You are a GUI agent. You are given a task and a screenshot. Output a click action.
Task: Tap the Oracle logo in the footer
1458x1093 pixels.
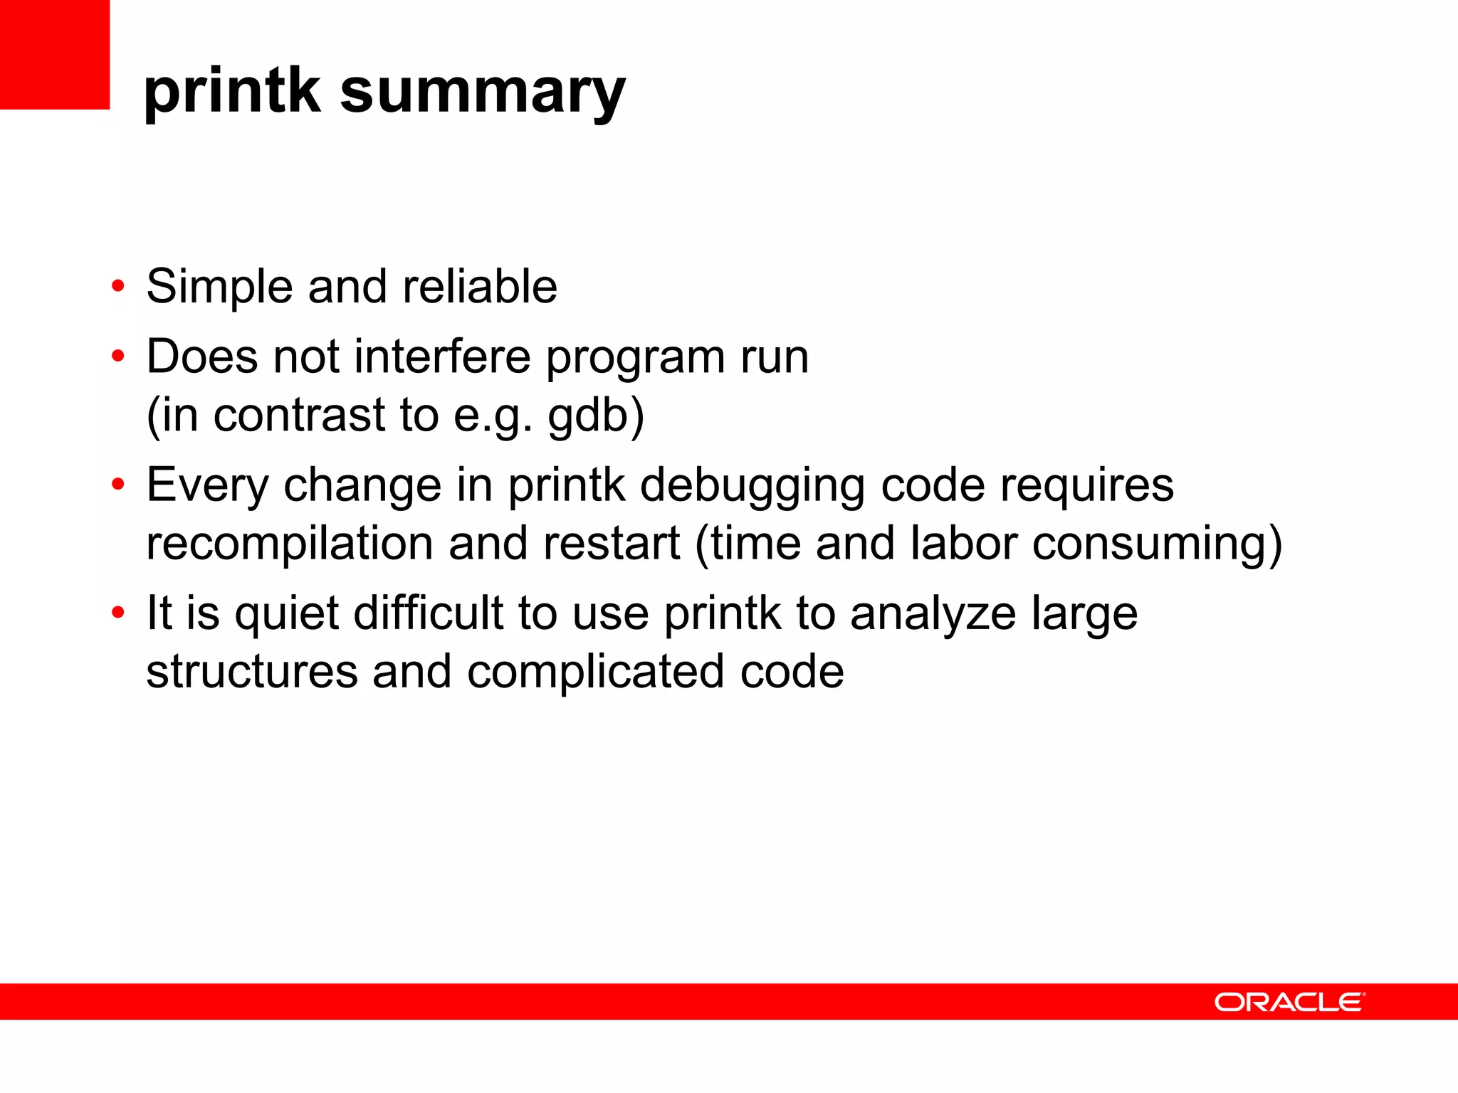coord(1289,1002)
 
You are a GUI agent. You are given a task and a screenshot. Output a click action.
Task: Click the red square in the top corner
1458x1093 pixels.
coord(54,54)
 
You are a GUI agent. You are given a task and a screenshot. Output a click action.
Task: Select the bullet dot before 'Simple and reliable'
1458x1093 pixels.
coord(118,287)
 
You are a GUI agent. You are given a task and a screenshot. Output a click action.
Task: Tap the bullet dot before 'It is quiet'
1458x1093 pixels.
coord(118,613)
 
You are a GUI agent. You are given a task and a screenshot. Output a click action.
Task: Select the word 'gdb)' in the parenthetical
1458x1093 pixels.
coord(596,416)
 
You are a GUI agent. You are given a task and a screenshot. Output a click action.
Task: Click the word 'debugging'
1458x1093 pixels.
coord(752,487)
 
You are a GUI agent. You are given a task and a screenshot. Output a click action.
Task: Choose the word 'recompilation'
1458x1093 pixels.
coord(289,544)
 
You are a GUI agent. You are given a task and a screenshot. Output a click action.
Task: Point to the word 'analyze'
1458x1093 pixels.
coord(933,613)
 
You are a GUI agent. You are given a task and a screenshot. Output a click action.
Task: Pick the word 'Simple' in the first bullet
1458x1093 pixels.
coord(219,287)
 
